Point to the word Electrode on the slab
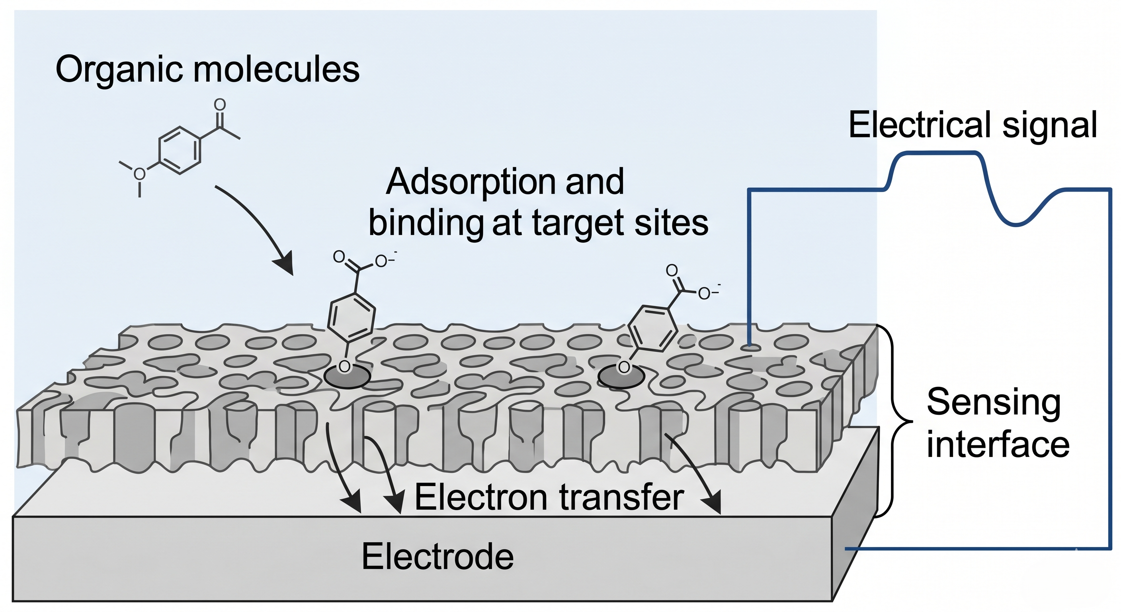point(437,557)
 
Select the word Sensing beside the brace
point(994,403)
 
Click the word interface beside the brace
point(998,445)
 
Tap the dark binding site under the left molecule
point(347,377)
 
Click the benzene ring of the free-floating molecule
point(180,150)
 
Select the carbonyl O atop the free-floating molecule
point(220,105)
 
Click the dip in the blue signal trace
point(1016,223)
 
